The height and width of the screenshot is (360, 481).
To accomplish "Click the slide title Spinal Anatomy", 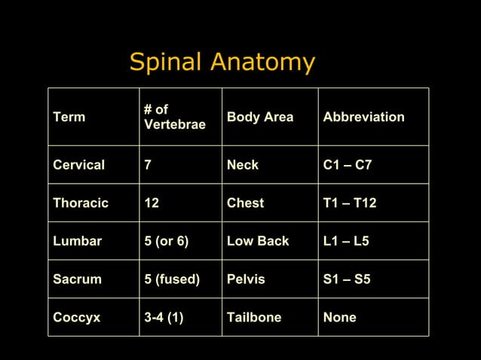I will tap(222, 63).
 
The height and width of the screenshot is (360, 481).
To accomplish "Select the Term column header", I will tap(69, 117).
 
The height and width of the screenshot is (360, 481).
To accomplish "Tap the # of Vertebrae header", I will tap(174, 117).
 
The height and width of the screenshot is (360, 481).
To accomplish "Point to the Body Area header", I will tap(260, 117).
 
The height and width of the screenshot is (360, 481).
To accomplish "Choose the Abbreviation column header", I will tap(363, 117).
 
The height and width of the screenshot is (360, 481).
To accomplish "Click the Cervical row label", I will tap(78, 165).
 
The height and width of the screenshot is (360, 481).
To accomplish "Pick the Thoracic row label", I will tap(81, 203).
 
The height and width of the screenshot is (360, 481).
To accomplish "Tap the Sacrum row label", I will tap(76, 279).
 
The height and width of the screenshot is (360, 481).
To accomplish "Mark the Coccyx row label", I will tap(76, 318).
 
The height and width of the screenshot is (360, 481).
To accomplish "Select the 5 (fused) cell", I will tap(171, 279).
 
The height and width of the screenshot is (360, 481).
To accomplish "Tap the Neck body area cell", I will tap(243, 165).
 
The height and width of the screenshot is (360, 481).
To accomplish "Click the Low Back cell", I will tap(258, 241).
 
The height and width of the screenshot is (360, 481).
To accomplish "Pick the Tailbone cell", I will tap(254, 318).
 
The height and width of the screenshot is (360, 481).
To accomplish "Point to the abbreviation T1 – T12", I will tap(351, 203).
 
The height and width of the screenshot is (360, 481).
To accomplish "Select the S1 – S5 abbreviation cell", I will tap(347, 279).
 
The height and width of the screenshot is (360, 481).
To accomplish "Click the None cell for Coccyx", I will tap(339, 318).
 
